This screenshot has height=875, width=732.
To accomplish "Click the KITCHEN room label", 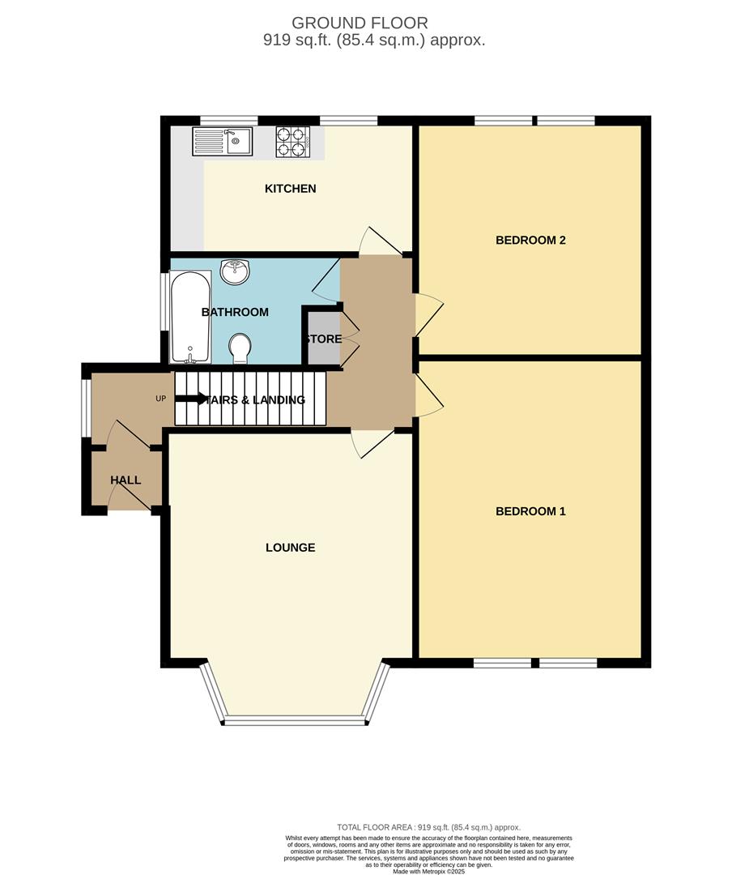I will click(290, 189).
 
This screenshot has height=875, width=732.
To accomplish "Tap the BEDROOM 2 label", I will click(530, 240).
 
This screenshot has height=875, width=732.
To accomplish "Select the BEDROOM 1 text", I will click(530, 511).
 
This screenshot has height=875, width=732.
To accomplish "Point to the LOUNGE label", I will click(290, 548).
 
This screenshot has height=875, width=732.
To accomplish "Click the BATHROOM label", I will click(235, 312).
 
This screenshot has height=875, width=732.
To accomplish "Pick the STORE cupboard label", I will click(323, 339).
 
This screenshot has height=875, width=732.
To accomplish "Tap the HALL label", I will click(126, 480).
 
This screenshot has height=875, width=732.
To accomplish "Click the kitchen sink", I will click(223, 142).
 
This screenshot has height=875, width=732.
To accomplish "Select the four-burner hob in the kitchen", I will click(293, 142).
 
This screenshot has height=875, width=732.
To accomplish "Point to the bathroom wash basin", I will click(236, 271).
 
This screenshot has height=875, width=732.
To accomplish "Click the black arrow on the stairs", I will click(191, 399).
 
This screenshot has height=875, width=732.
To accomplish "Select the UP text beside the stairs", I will click(161, 399).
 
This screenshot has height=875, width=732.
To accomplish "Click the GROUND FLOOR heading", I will click(360, 23).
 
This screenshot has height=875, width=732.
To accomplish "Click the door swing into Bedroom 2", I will click(430, 314).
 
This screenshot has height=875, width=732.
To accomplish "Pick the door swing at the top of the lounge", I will click(370, 442).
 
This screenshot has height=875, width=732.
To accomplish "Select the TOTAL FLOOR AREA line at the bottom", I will click(428, 827).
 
